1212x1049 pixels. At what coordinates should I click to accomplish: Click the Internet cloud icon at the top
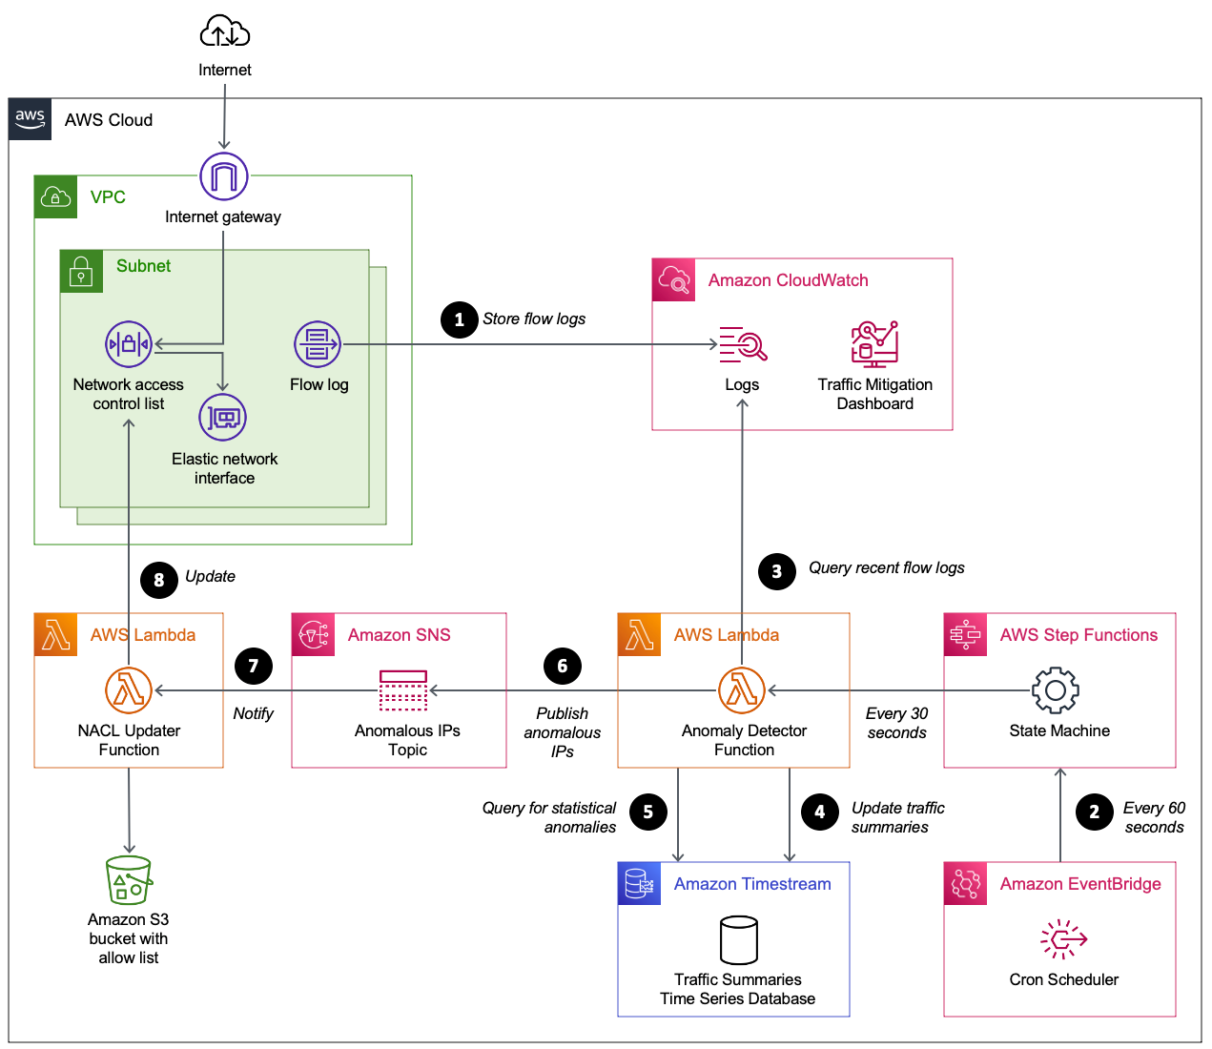224,31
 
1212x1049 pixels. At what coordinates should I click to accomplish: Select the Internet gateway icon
224,176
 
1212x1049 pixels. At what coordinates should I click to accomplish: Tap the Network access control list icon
129,344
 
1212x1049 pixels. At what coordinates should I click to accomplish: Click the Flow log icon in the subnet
318,344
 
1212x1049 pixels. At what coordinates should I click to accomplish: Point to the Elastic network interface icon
223,418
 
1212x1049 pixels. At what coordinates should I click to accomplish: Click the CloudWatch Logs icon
743,344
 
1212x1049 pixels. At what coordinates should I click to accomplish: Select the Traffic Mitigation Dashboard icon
874,344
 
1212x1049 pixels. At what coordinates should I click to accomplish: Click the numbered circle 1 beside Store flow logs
460,319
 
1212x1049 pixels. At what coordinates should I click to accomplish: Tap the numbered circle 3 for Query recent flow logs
777,571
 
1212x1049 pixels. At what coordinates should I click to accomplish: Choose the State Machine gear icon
1056,690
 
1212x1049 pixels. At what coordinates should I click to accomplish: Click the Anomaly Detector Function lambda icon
742,690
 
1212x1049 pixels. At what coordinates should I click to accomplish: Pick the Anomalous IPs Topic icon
403,690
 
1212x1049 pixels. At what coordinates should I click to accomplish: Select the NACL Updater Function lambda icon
129,690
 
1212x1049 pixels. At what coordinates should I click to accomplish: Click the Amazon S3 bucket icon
129,880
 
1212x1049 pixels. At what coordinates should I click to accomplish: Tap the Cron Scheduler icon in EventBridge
1063,939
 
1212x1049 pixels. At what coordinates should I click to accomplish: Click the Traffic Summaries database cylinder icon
739,940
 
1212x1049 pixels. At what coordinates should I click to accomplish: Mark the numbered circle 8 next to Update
159,580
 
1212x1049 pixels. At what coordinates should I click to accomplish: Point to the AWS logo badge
31,119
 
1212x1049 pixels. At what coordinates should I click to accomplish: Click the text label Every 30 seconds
896,723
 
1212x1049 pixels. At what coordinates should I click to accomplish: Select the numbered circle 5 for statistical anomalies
648,812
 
